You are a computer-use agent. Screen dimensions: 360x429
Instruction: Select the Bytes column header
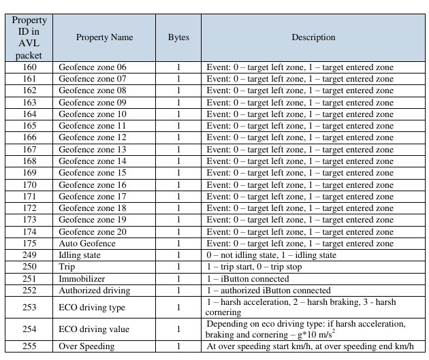178,37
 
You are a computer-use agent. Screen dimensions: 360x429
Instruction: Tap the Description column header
313,37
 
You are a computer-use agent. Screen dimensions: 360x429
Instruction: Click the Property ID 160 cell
29,67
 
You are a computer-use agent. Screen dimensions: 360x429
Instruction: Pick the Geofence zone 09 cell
93,103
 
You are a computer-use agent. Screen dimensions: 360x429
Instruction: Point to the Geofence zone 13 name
93,150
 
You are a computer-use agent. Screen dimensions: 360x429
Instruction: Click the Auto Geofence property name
87,244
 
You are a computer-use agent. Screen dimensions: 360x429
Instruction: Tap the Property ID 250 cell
29,267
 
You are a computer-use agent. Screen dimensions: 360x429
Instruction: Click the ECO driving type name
92,307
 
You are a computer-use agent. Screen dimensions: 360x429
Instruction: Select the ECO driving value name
94,329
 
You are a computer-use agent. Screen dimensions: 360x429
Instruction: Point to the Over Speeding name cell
88,346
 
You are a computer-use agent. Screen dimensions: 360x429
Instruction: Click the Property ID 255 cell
29,346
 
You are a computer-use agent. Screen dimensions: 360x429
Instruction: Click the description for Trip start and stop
254,267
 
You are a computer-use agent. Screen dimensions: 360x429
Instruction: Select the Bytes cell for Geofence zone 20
178,231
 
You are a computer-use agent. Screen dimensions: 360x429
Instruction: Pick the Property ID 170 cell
29,184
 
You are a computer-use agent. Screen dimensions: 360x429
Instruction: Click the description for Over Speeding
310,346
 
